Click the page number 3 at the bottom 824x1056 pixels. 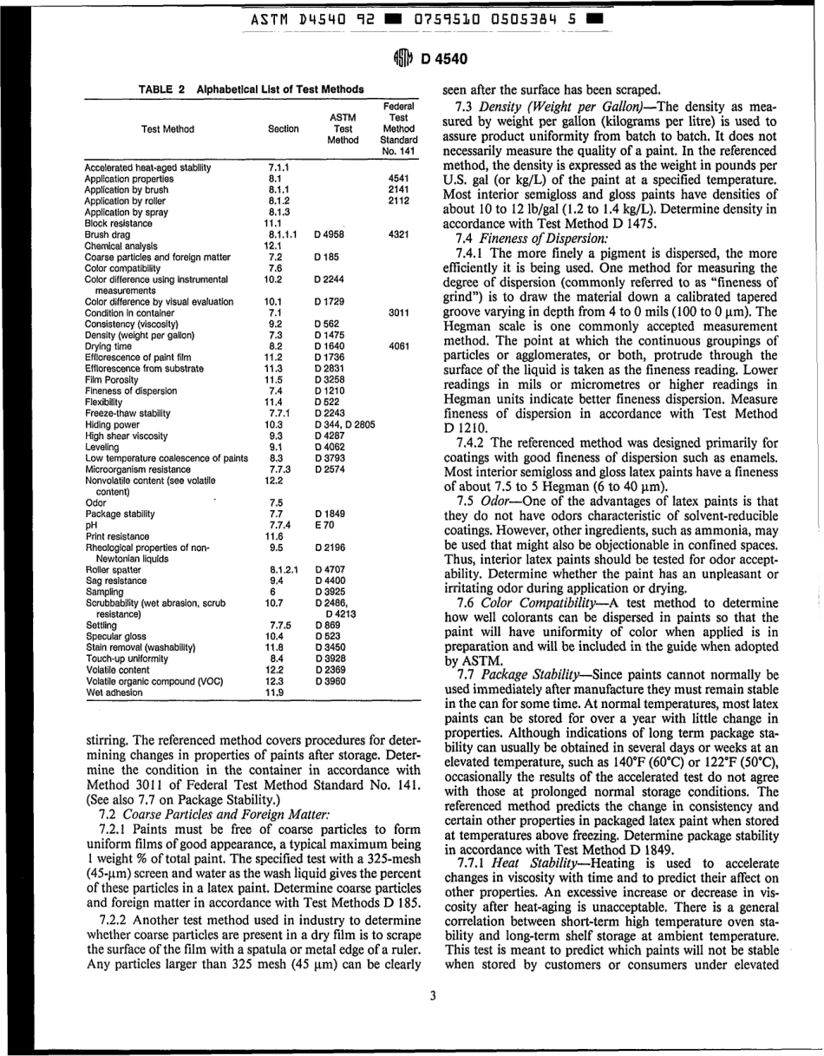pyautogui.click(x=431, y=994)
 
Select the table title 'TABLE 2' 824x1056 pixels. pyautogui.click(x=164, y=89)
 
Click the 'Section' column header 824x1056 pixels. pyautogui.click(x=283, y=128)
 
